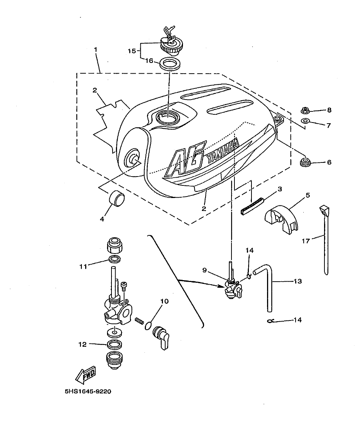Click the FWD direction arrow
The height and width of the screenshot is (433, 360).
click(86, 375)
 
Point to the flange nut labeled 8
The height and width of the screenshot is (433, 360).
click(306, 110)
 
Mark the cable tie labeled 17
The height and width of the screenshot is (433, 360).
click(325, 241)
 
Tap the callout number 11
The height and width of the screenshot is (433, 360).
click(83, 266)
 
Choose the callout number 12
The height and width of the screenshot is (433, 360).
click(83, 344)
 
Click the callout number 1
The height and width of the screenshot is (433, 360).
click(96, 50)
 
